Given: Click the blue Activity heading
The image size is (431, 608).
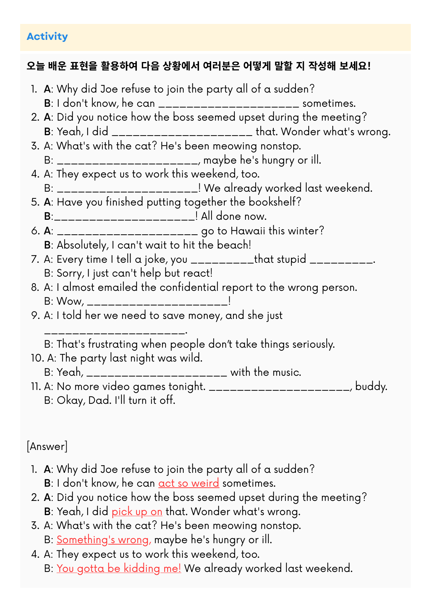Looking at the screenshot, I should [x=47, y=36].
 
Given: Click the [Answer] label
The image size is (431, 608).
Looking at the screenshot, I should [x=47, y=446].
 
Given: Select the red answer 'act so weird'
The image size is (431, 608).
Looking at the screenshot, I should [x=189, y=483].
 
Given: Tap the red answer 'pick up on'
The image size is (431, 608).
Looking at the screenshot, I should [x=137, y=511].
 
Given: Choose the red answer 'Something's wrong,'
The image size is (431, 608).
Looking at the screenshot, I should [x=104, y=540].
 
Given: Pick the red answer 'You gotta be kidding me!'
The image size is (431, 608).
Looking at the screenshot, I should [x=119, y=568].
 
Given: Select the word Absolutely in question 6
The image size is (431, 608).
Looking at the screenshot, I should [x=82, y=245].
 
